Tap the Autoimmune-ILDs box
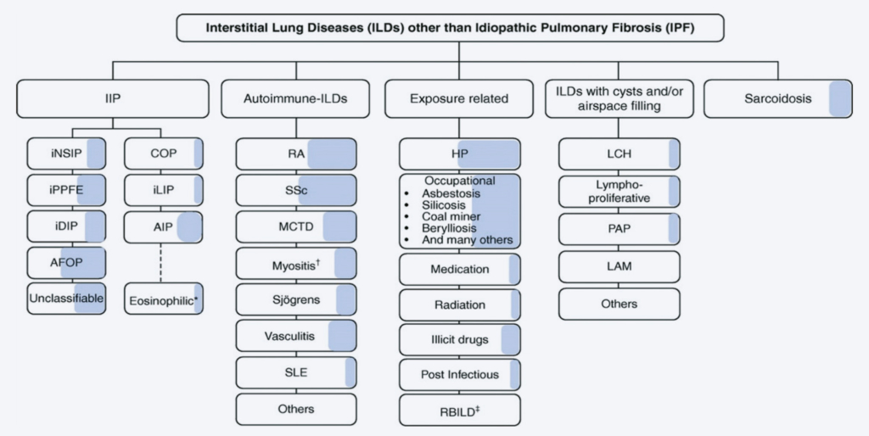click(x=294, y=98)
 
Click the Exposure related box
click(x=459, y=98)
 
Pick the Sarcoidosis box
click(x=779, y=98)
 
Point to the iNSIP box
click(x=67, y=154)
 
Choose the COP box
click(x=164, y=154)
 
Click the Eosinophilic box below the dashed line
click(x=164, y=299)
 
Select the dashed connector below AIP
click(x=164, y=262)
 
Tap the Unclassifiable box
click(x=67, y=299)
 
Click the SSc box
click(x=296, y=191)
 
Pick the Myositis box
click(x=296, y=264)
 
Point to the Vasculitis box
click(x=296, y=337)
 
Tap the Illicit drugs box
click(x=459, y=339)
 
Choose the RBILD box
click(x=459, y=410)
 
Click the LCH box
click(x=620, y=154)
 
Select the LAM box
click(x=620, y=266)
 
